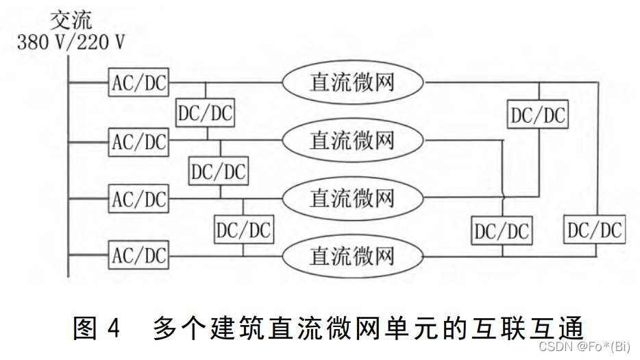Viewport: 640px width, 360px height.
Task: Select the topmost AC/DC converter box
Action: pos(139,84)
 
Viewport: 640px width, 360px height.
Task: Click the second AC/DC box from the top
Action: pos(139,142)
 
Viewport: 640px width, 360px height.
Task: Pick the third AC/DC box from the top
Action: pos(139,200)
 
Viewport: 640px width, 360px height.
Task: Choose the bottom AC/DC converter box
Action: pos(139,256)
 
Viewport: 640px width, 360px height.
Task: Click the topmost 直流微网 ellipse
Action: pos(352,83)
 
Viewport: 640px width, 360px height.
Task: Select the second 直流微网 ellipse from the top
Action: pos(352,141)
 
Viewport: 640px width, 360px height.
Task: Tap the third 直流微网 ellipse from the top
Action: pos(352,199)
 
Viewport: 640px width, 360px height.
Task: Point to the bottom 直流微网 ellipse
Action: pos(352,256)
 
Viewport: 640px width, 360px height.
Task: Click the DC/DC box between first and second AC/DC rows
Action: pos(206,113)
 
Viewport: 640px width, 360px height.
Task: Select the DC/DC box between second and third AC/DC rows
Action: pos(219,171)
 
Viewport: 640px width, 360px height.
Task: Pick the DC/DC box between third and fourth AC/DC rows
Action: pos(243,229)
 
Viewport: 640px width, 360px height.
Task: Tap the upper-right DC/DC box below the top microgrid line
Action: pos(539,115)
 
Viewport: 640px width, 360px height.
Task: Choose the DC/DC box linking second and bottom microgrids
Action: pos(502,231)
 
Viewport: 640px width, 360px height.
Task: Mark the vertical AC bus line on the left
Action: pos(69,171)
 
